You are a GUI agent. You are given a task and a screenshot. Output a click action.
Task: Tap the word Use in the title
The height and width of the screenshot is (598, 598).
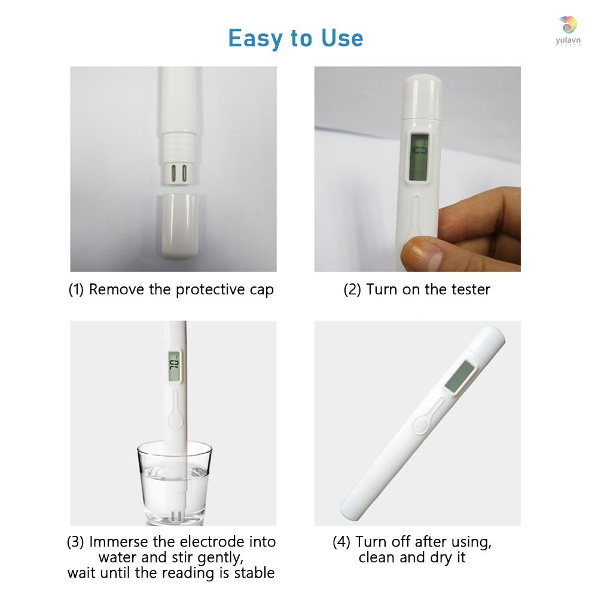pyautogui.click(x=341, y=38)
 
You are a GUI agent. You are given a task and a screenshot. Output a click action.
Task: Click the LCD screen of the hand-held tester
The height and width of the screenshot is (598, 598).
pyautogui.click(x=419, y=155)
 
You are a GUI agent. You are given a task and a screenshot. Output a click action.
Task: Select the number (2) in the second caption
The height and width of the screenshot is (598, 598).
pyautogui.click(x=352, y=290)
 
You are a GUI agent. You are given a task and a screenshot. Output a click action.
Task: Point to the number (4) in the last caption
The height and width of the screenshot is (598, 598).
pyautogui.click(x=341, y=542)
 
